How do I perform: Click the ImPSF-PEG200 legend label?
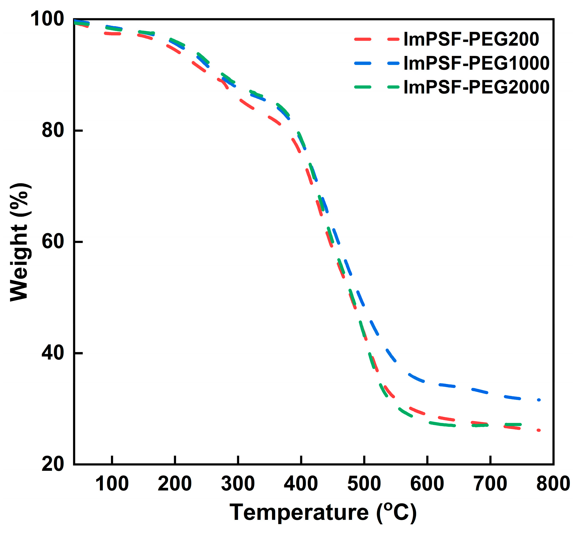pos(471,39)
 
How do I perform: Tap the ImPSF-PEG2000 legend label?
pos(476,87)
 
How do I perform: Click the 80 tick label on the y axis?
pos(53,130)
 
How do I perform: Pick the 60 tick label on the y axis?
pos(53,242)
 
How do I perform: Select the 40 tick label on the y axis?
pos(53,353)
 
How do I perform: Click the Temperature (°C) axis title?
pos(323,512)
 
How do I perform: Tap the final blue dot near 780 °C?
pos(539,400)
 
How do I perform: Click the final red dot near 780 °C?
pos(539,430)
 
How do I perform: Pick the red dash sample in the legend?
pos(377,39)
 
